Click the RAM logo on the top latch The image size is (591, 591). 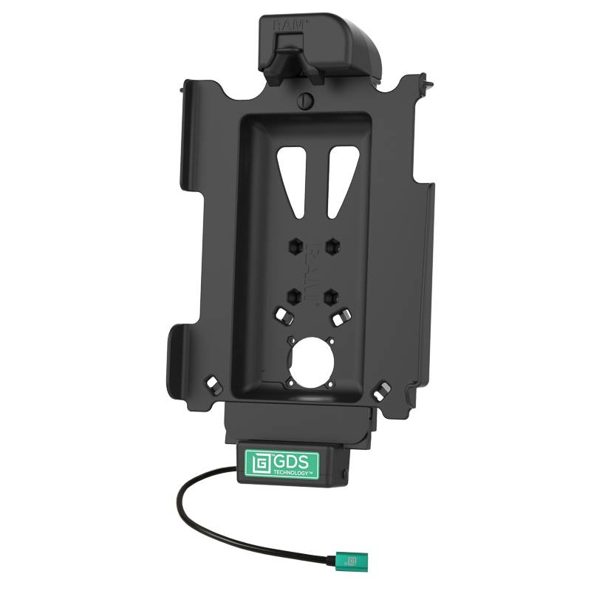point(287,25)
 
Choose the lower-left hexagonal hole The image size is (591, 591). point(294,295)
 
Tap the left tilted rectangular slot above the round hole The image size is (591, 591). point(281,316)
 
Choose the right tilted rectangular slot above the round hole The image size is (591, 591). point(340,317)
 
